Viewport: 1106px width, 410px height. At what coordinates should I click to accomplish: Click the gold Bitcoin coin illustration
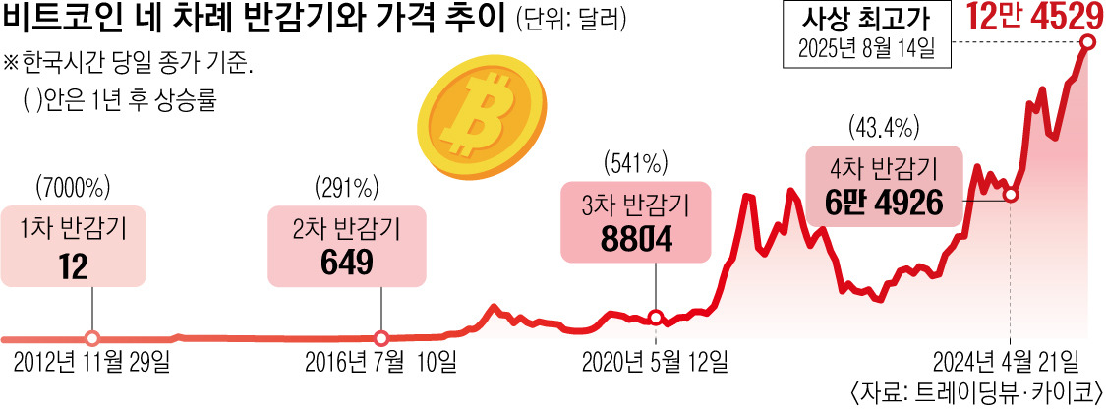(x=481, y=117)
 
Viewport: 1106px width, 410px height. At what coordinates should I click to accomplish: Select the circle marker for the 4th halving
(x=1011, y=196)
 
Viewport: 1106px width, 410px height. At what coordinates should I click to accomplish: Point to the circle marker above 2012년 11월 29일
(x=91, y=337)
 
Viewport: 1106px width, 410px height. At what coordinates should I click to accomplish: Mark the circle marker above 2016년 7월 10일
(x=381, y=337)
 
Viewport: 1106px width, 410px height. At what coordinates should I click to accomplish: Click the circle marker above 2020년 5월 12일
(x=656, y=317)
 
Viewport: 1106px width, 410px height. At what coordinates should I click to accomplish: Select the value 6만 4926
(x=884, y=202)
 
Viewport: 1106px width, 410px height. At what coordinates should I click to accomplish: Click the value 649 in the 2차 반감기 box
(x=345, y=262)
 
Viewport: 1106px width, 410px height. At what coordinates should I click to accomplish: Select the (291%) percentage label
(x=347, y=186)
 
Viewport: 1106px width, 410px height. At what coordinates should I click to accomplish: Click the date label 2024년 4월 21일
(x=1010, y=361)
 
